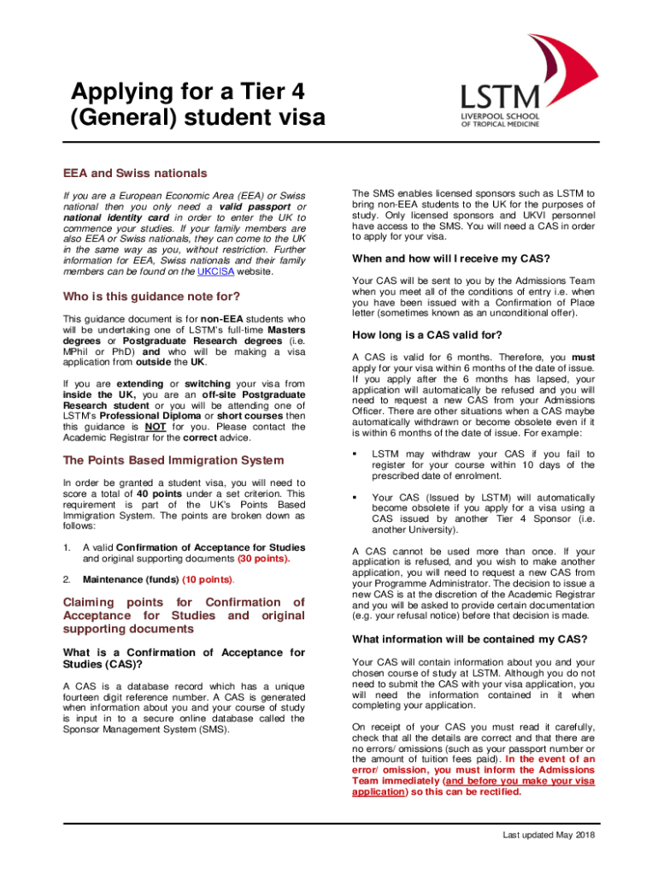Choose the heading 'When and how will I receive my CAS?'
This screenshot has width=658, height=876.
pos(450,259)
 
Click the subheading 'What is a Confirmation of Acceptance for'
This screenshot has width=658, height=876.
pos(184,653)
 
